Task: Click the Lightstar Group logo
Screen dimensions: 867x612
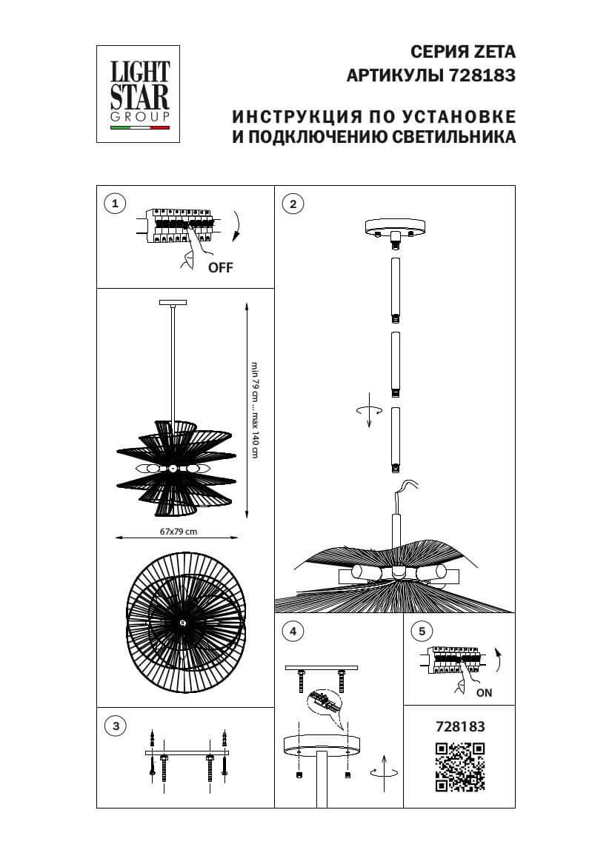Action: coord(139,94)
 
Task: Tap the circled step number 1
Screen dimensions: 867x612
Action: coord(115,204)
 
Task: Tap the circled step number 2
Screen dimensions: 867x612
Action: coord(293,204)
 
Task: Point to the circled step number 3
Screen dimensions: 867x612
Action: coord(115,726)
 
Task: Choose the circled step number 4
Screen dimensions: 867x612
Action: coord(293,632)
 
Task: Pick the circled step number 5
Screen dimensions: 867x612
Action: coord(422,632)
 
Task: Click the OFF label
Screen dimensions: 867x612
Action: coord(220,268)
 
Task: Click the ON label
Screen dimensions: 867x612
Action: coord(484,693)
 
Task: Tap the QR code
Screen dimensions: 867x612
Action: coord(459,766)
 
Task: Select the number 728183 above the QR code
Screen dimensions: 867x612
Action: coord(459,727)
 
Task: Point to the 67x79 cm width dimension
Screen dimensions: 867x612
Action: coord(179,532)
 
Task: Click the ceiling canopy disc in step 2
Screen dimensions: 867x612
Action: coord(396,227)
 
